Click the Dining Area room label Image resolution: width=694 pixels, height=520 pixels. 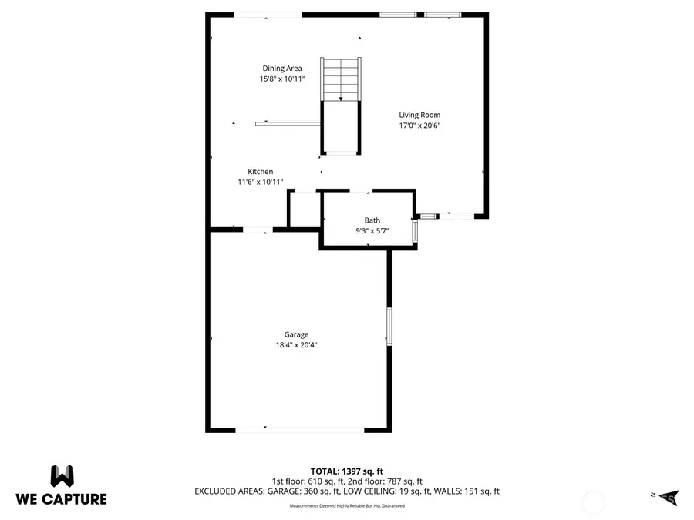tap(282, 69)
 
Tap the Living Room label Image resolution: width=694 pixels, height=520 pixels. tap(419, 115)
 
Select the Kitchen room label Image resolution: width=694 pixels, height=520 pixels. tap(260, 172)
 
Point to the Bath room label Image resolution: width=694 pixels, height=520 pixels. tap(372, 220)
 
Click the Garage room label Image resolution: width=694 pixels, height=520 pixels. tap(296, 334)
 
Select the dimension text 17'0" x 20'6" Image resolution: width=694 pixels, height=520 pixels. tap(419, 126)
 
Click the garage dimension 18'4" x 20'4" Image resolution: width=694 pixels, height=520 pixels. tap(296, 345)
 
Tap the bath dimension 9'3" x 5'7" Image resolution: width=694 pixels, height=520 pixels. tap(372, 230)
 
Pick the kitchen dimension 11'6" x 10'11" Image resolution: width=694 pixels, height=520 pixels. tap(260, 183)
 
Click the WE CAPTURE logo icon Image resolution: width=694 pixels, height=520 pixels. tap(62, 475)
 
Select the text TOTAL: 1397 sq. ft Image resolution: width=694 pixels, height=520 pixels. tap(346, 470)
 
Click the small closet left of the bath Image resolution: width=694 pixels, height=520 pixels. tap(304, 210)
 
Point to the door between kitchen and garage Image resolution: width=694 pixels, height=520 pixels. tap(257, 229)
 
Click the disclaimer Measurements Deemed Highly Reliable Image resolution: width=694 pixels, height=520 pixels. tap(346, 506)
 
